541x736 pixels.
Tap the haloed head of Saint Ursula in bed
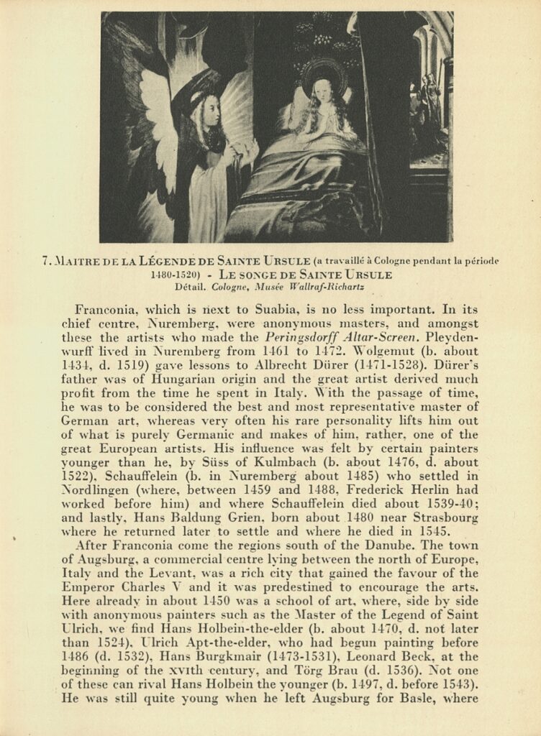coord(322,91)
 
